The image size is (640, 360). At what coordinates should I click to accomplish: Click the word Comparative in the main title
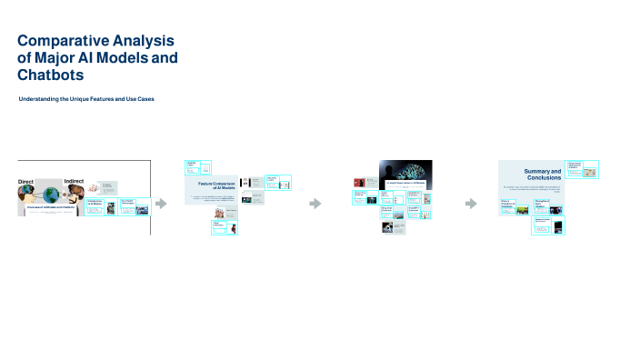pos(63,41)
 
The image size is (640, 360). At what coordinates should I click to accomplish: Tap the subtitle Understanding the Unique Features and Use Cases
pos(86,97)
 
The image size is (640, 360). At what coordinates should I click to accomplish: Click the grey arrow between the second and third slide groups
pos(315,204)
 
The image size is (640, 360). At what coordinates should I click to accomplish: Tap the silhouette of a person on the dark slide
pos(389,173)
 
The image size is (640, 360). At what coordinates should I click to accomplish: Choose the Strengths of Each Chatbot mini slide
pos(547,206)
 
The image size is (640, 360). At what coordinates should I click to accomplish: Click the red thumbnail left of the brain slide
pos(358,182)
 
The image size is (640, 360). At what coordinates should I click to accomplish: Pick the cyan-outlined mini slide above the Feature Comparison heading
pos(198,167)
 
